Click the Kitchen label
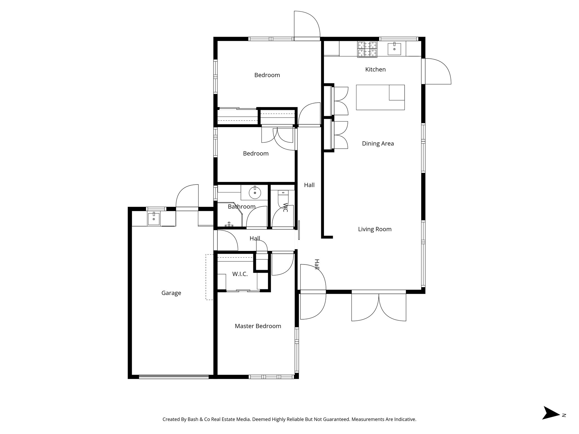(375, 70)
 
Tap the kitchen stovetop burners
(367, 49)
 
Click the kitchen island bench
(380, 97)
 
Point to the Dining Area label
(378, 144)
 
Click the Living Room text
(375, 229)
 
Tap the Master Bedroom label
(258, 326)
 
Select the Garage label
(171, 293)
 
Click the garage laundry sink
(154, 219)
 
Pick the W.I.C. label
(240, 274)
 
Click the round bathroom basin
(255, 193)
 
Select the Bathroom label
(241, 207)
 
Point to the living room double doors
(379, 307)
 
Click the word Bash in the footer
(193, 420)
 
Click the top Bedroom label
(267, 75)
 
